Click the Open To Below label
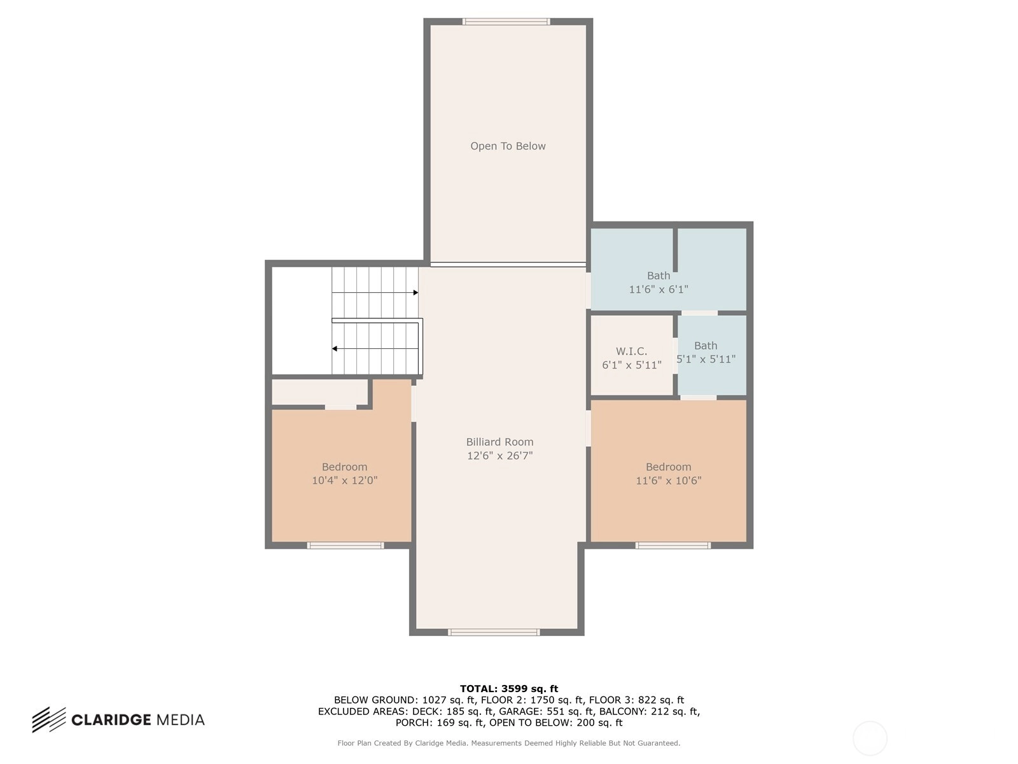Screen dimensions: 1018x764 coord(508,146)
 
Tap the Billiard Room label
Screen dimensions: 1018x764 coord(499,442)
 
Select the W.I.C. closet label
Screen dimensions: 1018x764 coord(631,351)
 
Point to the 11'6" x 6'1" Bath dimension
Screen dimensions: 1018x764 coord(658,290)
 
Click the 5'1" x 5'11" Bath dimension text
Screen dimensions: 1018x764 coord(706,359)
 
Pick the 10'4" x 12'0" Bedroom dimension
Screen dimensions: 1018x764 coord(344,480)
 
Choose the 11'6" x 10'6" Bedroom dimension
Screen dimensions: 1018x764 coord(668,480)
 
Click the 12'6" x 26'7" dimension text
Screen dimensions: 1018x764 coord(499,455)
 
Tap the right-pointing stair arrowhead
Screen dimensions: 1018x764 coord(415,293)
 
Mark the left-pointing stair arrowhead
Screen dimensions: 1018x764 coord(335,349)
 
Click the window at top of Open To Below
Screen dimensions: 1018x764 coord(506,22)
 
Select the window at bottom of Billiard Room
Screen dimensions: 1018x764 coord(494,632)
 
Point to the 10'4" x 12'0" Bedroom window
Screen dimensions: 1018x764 coord(345,546)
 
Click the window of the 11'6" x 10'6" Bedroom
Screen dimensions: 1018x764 coord(673,546)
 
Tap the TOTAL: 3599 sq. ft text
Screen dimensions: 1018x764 coord(509,689)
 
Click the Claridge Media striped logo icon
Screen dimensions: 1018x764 coord(49,719)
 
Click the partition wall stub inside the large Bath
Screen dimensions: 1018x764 coord(675,250)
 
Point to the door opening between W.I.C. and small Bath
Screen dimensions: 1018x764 coord(675,356)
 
